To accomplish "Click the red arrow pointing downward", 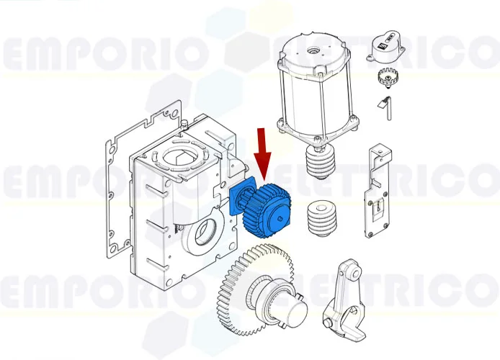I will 262,153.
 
